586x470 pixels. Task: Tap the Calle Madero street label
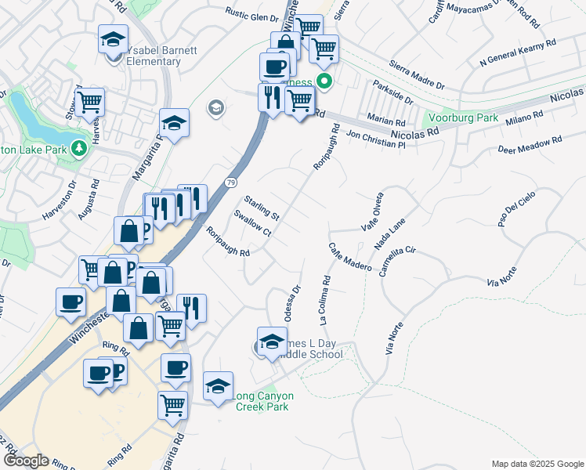click(x=349, y=256)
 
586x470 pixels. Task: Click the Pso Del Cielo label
click(x=515, y=207)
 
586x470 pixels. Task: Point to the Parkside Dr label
click(x=393, y=91)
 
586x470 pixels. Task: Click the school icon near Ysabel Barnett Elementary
click(x=114, y=38)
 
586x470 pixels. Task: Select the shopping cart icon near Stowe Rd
click(x=90, y=101)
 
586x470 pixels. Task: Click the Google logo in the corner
click(x=26, y=461)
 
